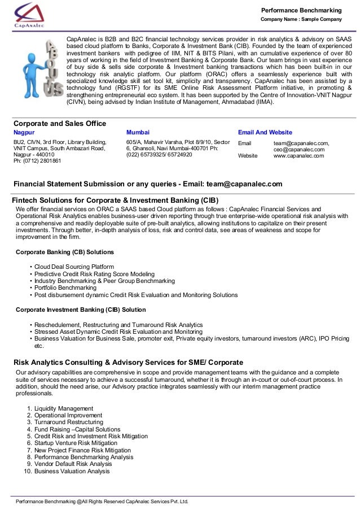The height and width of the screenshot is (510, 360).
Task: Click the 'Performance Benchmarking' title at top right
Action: click(301, 10)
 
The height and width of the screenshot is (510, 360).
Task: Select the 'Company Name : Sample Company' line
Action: click(301, 20)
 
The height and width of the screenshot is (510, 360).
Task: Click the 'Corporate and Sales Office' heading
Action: click(59, 123)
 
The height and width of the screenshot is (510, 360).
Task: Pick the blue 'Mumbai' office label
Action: click(138, 132)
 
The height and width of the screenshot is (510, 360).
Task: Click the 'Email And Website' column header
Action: click(265, 132)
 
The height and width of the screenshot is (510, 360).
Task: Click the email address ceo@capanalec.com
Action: click(298, 150)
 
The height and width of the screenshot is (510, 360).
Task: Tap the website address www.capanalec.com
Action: click(298, 155)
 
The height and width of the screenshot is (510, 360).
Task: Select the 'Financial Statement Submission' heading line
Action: click(148, 184)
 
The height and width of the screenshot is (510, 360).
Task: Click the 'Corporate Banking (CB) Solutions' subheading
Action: click(64, 252)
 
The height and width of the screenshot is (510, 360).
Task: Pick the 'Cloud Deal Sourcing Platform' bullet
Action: click(74, 266)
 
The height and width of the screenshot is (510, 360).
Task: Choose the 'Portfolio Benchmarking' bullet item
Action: click(65, 287)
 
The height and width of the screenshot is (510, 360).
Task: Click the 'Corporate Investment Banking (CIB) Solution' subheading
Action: click(81, 310)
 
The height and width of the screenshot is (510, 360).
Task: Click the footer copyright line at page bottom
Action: click(102, 502)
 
